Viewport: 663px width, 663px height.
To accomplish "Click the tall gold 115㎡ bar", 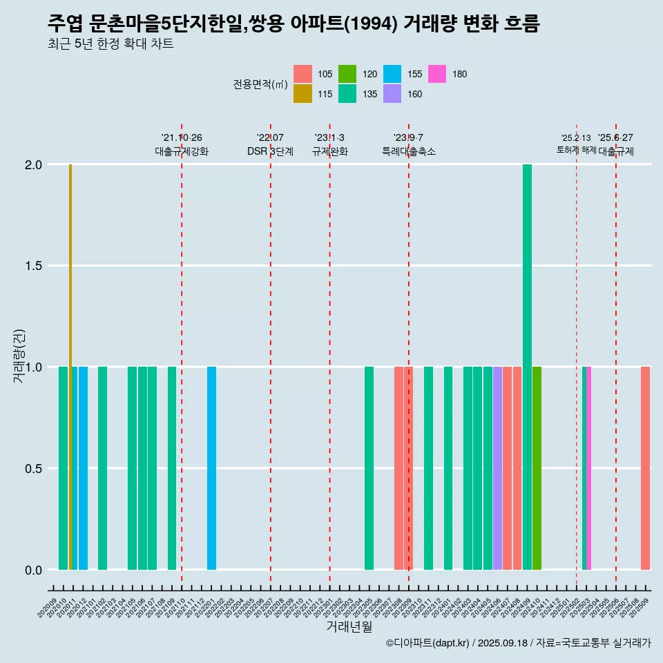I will click(70, 366).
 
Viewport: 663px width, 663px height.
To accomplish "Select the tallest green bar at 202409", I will click(527, 366).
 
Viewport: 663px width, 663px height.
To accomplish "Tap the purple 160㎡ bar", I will click(497, 468).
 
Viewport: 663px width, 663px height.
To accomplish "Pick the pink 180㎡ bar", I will click(588, 468).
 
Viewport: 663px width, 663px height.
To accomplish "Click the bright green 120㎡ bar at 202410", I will click(537, 468).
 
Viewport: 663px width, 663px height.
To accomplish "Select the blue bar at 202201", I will click(211, 468).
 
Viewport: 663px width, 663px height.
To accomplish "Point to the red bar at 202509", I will click(645, 468).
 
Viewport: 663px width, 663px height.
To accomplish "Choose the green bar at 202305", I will click(369, 468).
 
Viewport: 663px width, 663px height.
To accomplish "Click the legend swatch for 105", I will click(302, 74).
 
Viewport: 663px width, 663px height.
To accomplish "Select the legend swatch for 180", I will click(437, 74).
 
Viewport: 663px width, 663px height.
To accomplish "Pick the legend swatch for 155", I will click(392, 74).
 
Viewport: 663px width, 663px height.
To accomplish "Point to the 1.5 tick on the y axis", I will click(33, 266).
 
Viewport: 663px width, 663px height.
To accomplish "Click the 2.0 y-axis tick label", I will click(33, 165).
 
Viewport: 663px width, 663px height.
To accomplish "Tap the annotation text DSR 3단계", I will click(270, 151).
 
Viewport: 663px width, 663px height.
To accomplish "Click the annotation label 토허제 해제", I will click(576, 150).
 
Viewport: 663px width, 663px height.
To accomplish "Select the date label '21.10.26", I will click(182, 138).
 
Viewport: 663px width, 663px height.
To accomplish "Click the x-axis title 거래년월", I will click(349, 627).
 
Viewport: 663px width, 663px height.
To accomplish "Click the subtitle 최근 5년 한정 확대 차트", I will click(110, 44).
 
